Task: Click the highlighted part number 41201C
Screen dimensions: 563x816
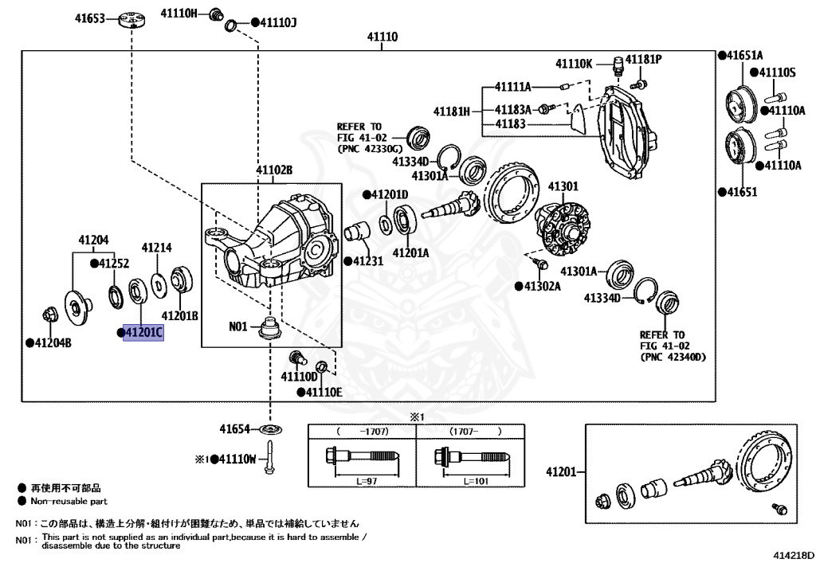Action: tap(144, 332)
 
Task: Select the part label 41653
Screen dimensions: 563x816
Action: tap(90, 17)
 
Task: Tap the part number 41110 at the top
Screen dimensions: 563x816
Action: tap(382, 37)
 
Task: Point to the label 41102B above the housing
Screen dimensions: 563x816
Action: tap(274, 170)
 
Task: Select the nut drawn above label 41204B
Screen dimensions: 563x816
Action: tap(49, 315)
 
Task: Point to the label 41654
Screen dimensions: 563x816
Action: tap(236, 429)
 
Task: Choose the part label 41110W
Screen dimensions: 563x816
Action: tap(236, 459)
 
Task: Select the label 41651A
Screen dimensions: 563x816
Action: tap(744, 55)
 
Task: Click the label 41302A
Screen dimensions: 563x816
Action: tap(542, 285)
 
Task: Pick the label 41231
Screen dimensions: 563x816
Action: tap(367, 260)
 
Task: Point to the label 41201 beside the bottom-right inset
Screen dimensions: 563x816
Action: tap(561, 472)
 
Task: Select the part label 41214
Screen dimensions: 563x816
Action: tap(157, 248)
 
